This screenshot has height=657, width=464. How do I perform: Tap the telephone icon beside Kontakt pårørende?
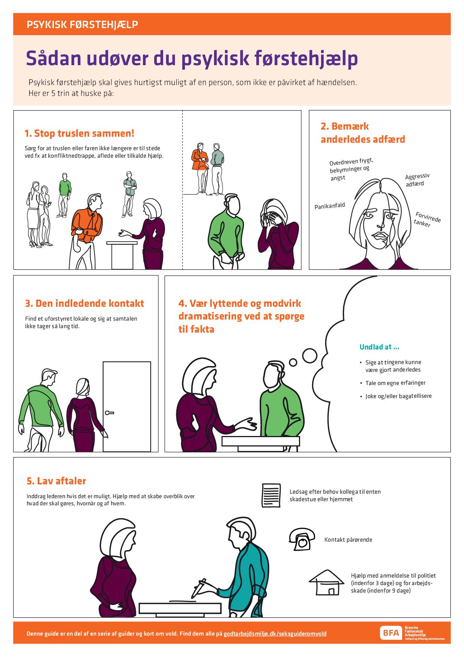pyautogui.click(x=300, y=539)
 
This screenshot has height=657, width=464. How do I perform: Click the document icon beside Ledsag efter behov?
pyautogui.click(x=271, y=495)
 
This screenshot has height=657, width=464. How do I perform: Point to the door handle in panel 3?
pyautogui.click(x=109, y=413)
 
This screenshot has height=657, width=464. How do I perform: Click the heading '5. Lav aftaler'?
pyautogui.click(x=57, y=481)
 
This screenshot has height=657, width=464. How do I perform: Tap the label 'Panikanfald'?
pyautogui.click(x=330, y=206)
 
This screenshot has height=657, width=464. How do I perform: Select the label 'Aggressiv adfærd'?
pyautogui.click(x=417, y=180)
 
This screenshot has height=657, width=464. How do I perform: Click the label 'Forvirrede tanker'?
pyautogui.click(x=427, y=219)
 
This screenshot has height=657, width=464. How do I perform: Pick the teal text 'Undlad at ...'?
pyautogui.click(x=379, y=347)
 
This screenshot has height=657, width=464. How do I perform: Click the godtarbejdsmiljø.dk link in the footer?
pyautogui.click(x=275, y=634)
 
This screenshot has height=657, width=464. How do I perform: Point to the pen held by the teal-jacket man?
pyautogui.click(x=198, y=588)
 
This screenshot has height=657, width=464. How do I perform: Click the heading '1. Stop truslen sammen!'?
pyautogui.click(x=79, y=133)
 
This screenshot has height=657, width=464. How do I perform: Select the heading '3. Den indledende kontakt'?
pyautogui.click(x=85, y=303)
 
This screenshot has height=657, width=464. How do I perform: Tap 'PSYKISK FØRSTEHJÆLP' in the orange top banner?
pyautogui.click(x=82, y=25)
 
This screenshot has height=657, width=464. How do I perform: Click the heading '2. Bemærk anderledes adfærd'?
pyautogui.click(x=363, y=133)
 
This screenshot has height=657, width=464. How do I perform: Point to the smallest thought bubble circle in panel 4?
pyautogui.click(x=293, y=363)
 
